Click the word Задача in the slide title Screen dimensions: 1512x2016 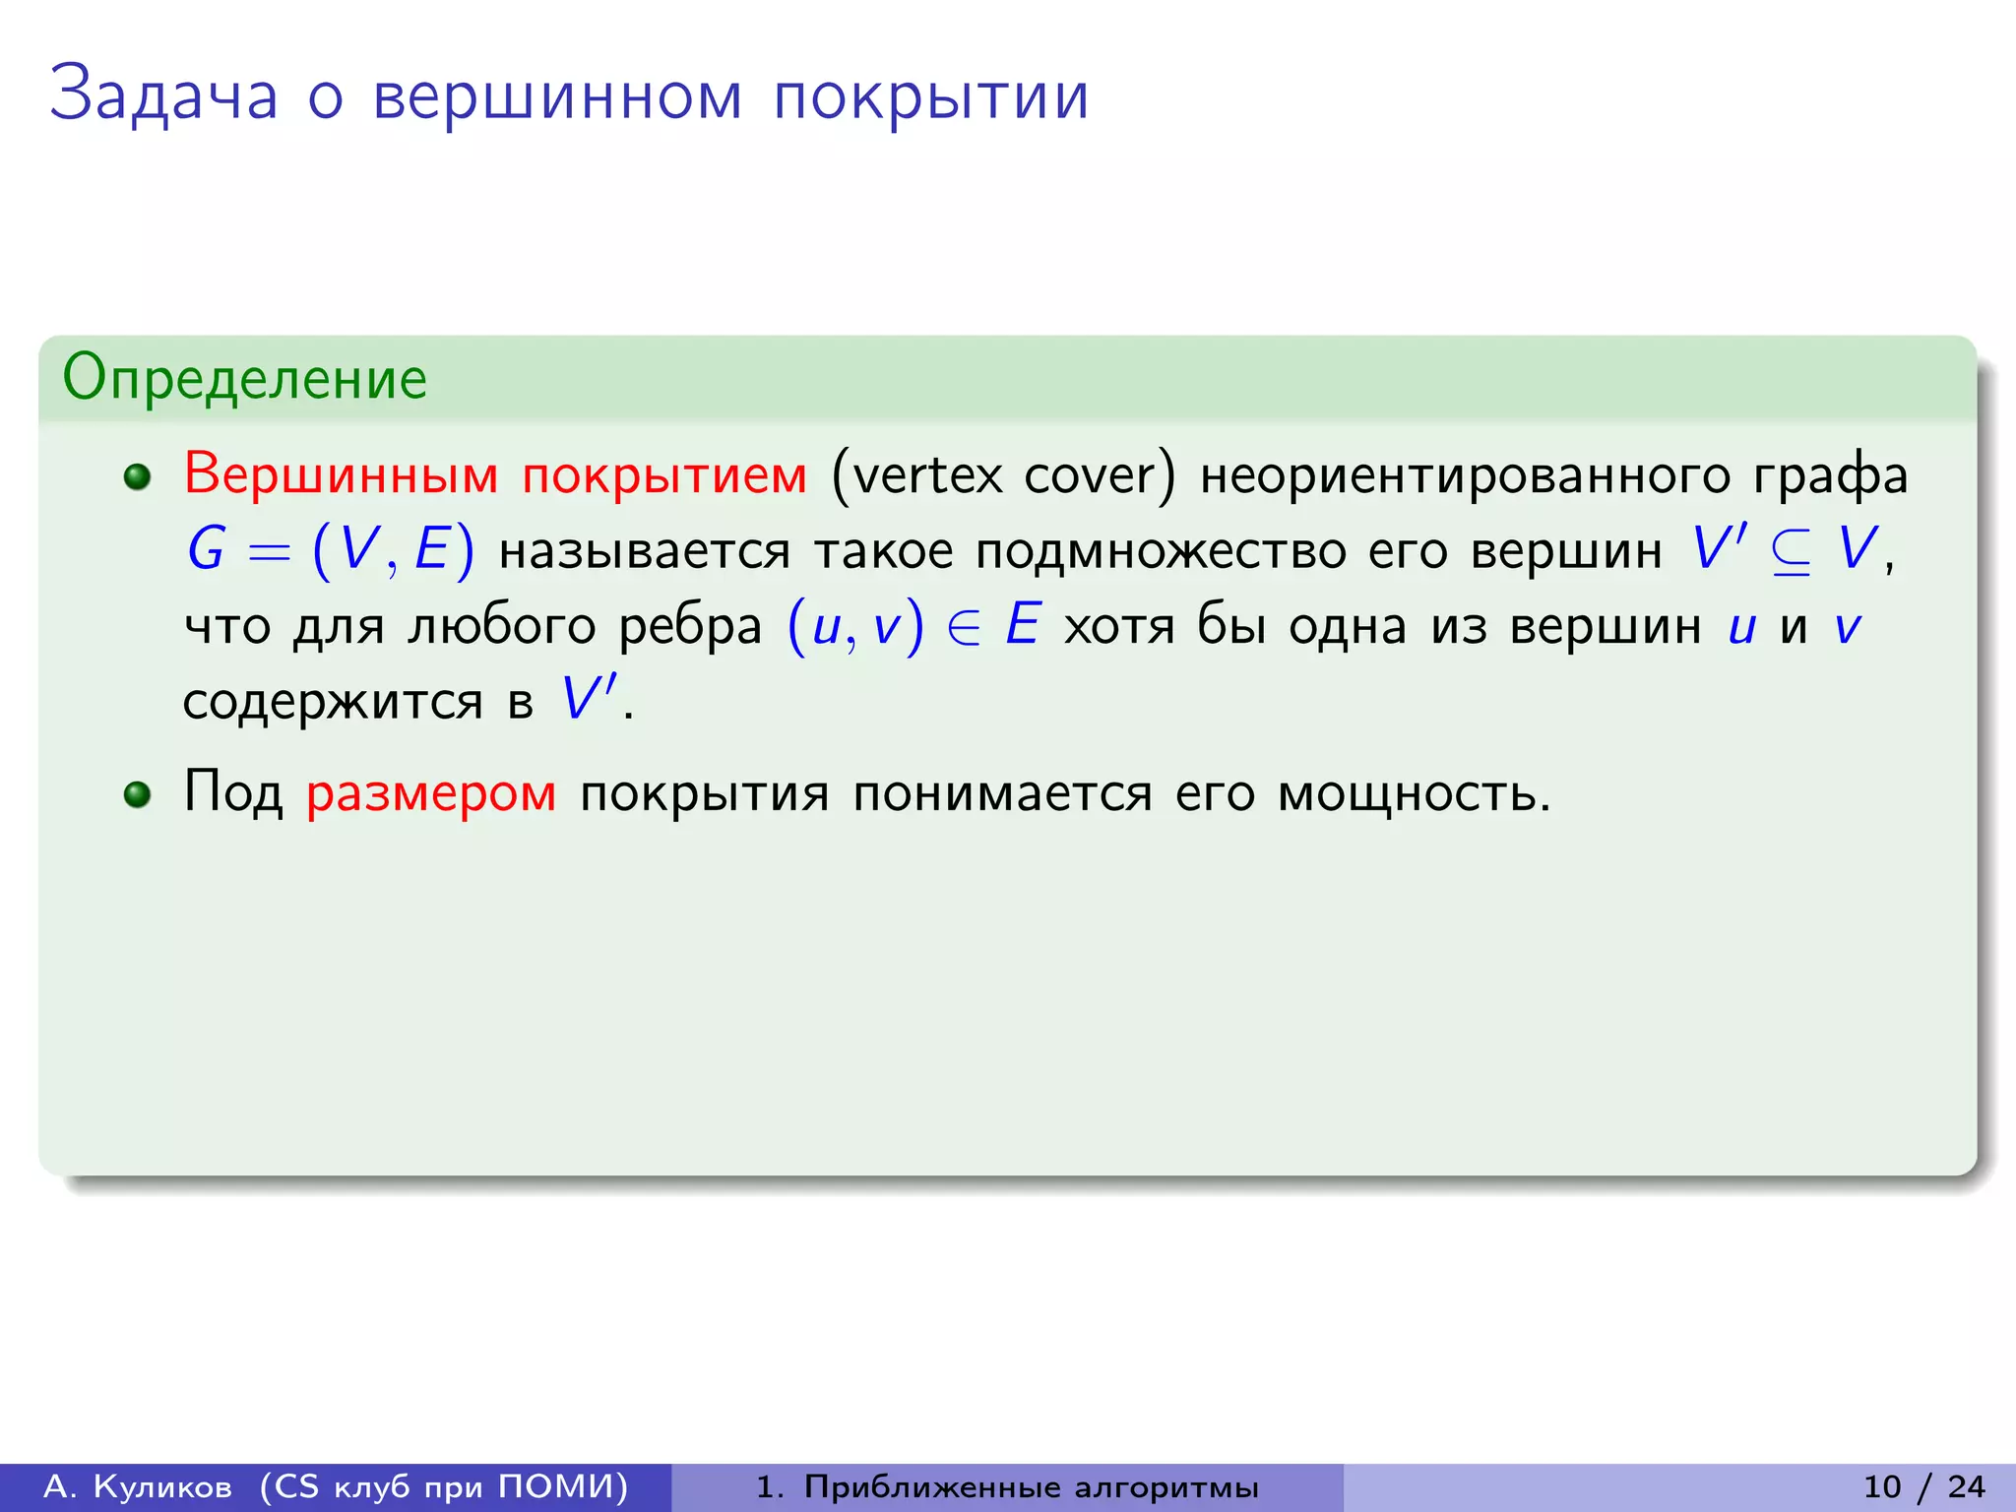(x=164, y=96)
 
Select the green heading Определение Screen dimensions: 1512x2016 (x=245, y=378)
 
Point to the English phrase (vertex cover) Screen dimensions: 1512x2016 (x=1003, y=475)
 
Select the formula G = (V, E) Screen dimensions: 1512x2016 (x=331, y=549)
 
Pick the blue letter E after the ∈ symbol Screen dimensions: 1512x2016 (x=1023, y=625)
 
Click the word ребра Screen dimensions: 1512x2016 (x=690, y=627)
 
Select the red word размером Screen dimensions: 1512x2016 (x=431, y=793)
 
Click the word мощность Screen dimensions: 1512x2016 (x=1413, y=793)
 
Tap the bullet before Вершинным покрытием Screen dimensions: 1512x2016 (x=138, y=477)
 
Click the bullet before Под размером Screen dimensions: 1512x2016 (x=138, y=794)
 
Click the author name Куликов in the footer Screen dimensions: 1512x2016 (x=162, y=1486)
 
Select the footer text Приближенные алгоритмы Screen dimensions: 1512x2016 (x=1031, y=1487)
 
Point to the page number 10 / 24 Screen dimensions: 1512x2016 (x=1923, y=1486)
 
